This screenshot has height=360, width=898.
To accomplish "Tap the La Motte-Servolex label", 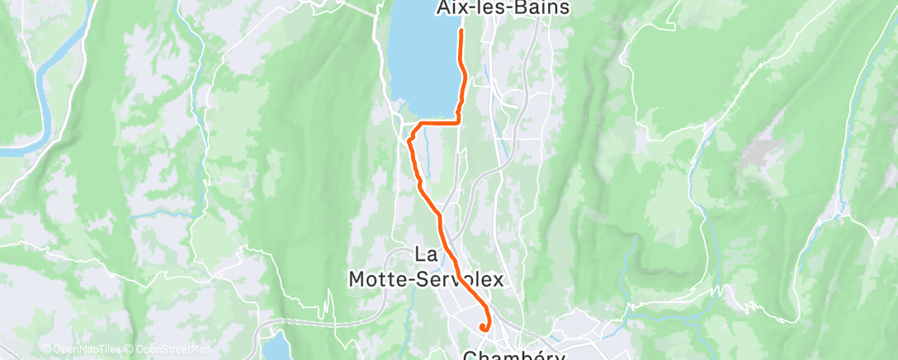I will pos(425,269).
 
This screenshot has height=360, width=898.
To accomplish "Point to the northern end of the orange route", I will pos(460,31).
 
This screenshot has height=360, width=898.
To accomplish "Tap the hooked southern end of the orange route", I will pos(482,327).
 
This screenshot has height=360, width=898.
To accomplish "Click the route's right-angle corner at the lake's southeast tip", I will pos(458,121).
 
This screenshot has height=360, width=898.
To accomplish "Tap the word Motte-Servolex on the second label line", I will pos(425,280).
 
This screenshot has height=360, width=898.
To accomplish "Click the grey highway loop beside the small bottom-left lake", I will pos(262,330).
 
